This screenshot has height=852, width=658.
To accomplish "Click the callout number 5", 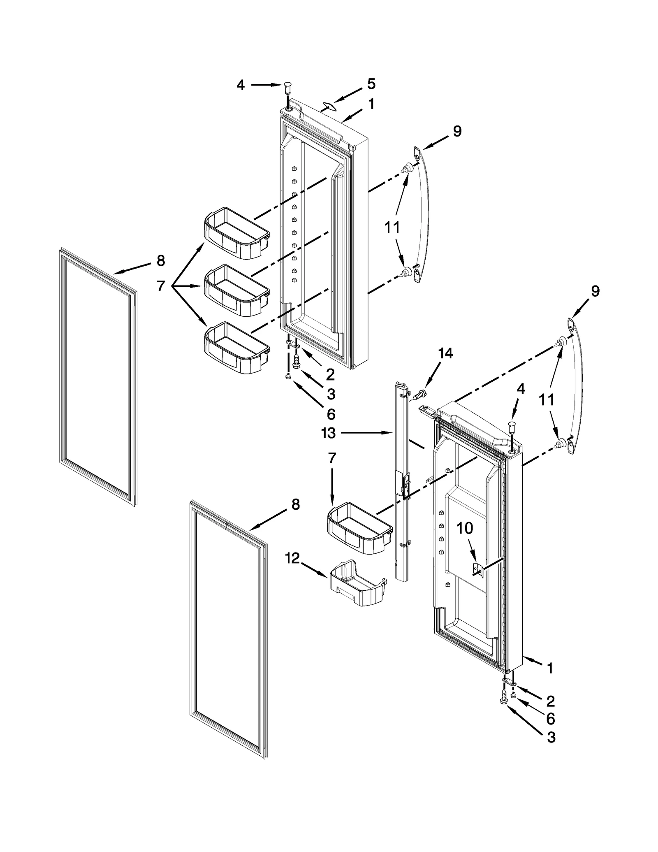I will tap(371, 84).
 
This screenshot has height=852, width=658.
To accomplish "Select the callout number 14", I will tap(445, 353).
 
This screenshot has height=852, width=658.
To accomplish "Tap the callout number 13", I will tap(329, 433).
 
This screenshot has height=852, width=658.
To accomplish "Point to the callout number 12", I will tap(292, 559).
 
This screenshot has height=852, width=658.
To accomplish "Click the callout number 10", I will tap(465, 529).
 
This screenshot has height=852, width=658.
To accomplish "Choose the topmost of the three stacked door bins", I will tap(236, 233).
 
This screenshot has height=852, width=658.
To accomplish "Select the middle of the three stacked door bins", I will tap(236, 290).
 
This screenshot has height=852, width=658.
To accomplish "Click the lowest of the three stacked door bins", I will tap(236, 348).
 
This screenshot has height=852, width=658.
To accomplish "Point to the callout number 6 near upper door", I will tap(331, 413).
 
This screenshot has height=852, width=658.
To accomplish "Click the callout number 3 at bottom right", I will tap(551, 738).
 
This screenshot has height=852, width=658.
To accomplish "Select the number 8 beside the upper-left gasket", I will tap(160, 260).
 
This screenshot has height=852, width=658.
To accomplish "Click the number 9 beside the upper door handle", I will tap(457, 131).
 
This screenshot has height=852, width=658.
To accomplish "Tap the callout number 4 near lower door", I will tap(521, 390).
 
